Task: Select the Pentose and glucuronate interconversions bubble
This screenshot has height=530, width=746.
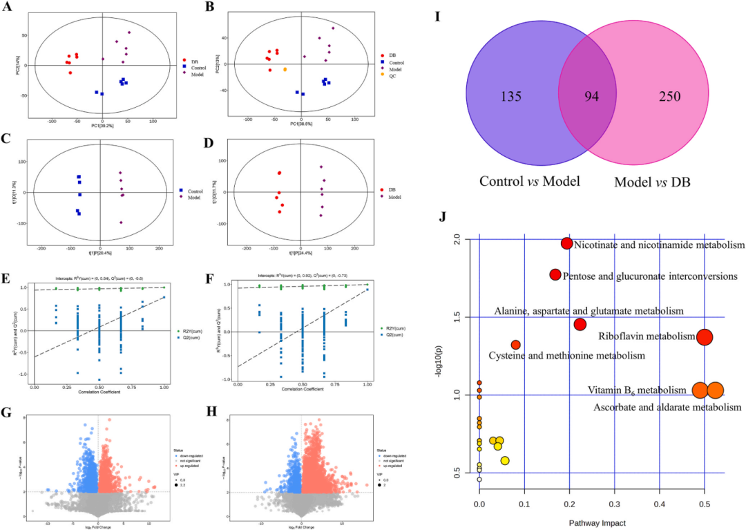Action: [x=555, y=274]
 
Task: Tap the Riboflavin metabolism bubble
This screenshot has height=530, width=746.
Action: [x=704, y=337]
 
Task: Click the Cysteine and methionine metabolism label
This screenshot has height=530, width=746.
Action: [x=566, y=356]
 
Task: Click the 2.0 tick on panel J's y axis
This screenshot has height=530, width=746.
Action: [x=456, y=240]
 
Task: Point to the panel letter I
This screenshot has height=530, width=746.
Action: [x=438, y=16]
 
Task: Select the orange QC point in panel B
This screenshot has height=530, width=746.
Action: [x=285, y=70]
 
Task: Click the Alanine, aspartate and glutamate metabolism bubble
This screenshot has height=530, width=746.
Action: [x=580, y=324]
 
